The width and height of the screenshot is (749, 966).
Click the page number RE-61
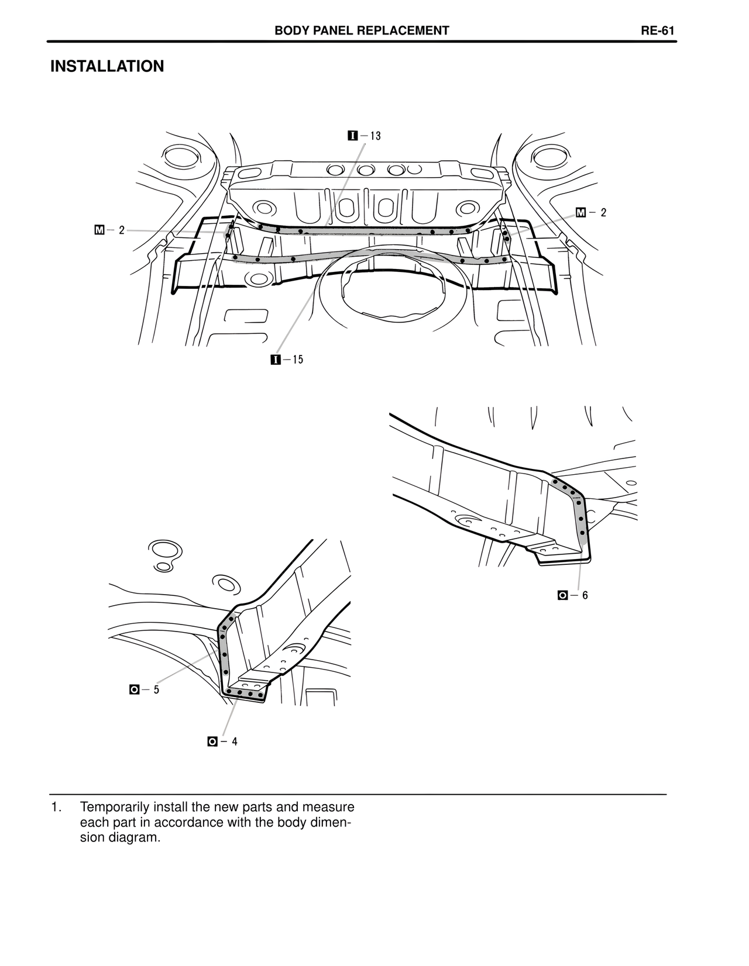coord(658,31)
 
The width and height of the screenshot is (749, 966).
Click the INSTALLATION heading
coord(107,67)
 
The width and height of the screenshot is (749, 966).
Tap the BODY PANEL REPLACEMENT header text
coord(362,31)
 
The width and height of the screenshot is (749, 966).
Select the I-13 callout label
coord(364,136)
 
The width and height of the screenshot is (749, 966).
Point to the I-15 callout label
coord(287,360)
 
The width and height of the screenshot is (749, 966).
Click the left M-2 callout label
coord(109,230)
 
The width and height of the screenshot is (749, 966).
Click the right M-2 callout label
coord(591,213)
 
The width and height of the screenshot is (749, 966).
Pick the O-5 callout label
coord(144,689)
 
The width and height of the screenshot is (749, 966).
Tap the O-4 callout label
coord(222,741)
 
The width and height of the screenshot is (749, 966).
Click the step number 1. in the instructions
coord(56,808)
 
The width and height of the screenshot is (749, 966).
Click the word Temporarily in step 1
coord(115,808)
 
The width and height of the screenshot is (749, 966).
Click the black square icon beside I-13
coord(352,136)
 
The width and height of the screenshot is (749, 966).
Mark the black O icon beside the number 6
coord(562,595)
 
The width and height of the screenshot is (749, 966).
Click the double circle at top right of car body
coord(548,157)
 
